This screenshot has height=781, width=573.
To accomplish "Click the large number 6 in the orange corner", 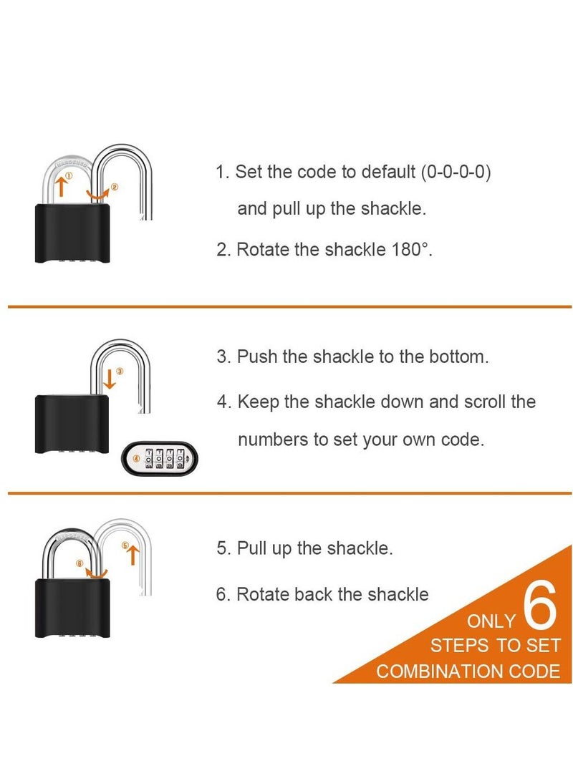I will [539, 606].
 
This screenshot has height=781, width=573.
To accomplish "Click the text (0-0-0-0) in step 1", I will [456, 173].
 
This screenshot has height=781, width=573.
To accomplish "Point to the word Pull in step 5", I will [252, 548].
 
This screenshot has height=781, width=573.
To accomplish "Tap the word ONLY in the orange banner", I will [491, 621].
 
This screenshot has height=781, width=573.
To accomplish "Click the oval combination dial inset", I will [160, 457].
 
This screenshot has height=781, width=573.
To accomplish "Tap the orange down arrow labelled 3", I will [109, 379].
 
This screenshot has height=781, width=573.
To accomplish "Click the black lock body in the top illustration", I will [72, 233].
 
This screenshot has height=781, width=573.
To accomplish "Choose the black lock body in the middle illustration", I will [72, 422].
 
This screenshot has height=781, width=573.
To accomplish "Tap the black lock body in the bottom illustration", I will [72, 608].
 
